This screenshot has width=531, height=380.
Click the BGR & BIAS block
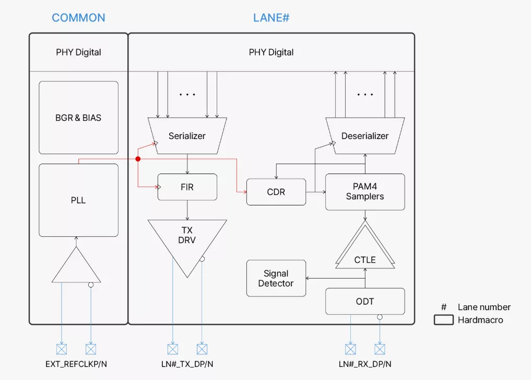click(78, 118)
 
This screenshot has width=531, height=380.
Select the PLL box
click(78, 200)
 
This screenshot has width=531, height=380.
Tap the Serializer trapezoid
click(187, 135)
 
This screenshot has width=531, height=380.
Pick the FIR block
click(187, 187)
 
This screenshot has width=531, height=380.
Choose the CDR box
click(276, 192)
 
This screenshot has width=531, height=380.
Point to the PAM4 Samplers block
click(364, 192)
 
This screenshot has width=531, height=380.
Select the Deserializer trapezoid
click(364, 135)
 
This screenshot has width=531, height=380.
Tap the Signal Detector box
click(276, 278)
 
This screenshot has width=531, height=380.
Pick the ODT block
click(364, 301)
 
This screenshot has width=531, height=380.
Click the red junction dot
click(138, 158)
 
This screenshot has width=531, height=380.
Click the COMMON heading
click(78, 17)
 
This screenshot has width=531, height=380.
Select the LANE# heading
click(271, 17)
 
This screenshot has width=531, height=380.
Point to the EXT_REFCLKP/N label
click(76, 364)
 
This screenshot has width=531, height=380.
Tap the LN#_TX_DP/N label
click(187, 364)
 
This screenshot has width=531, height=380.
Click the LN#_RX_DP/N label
click(364, 364)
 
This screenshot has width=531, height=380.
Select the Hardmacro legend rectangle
click(443, 320)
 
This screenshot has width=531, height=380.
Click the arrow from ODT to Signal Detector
click(316, 278)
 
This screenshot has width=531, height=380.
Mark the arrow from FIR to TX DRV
click(187, 210)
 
